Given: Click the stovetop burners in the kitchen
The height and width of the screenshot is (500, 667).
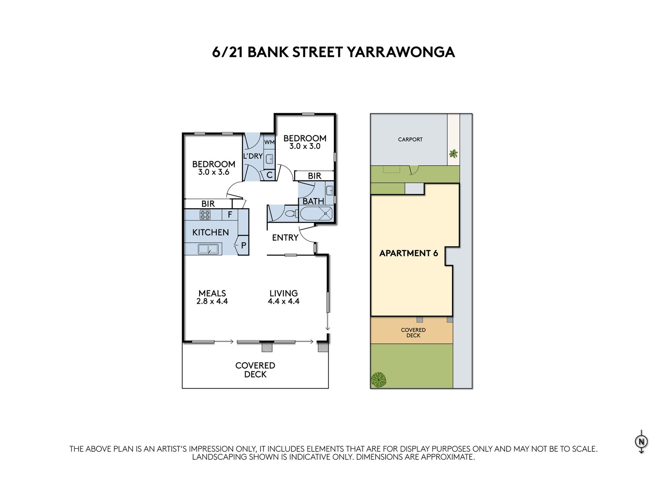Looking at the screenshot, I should (205, 215).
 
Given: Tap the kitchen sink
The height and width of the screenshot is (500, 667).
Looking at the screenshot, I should (208, 249).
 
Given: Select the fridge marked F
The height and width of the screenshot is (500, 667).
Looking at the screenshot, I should (230, 215).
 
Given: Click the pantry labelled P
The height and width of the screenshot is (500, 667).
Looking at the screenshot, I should (244, 245).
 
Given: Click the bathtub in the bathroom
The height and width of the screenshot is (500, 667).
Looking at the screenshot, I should (316, 214).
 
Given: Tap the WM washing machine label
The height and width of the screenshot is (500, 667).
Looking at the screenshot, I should (269, 142).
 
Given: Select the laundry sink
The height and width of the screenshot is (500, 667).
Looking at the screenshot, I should (269, 159).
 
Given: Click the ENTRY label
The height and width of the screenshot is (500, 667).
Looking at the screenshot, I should (285, 237).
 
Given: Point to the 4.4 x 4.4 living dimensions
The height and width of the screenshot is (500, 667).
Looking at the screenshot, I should (283, 301).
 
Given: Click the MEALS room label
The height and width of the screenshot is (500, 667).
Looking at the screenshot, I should (212, 293).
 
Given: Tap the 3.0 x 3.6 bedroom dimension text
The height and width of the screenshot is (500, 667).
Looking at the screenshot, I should (214, 172).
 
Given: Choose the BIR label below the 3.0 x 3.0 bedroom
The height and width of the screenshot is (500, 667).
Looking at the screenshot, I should (314, 176).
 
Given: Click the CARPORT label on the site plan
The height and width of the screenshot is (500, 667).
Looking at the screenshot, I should (410, 140).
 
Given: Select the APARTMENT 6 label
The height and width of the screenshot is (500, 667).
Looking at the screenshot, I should (409, 253).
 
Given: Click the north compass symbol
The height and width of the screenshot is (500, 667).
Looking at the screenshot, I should (641, 442).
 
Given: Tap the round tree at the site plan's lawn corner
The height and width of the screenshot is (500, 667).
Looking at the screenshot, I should (378, 380).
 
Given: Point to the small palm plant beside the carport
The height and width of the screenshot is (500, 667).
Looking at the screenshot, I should (453, 153).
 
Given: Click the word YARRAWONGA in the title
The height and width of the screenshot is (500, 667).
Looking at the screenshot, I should (401, 52).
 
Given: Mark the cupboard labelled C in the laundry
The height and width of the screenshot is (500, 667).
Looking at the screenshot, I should (269, 175).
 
